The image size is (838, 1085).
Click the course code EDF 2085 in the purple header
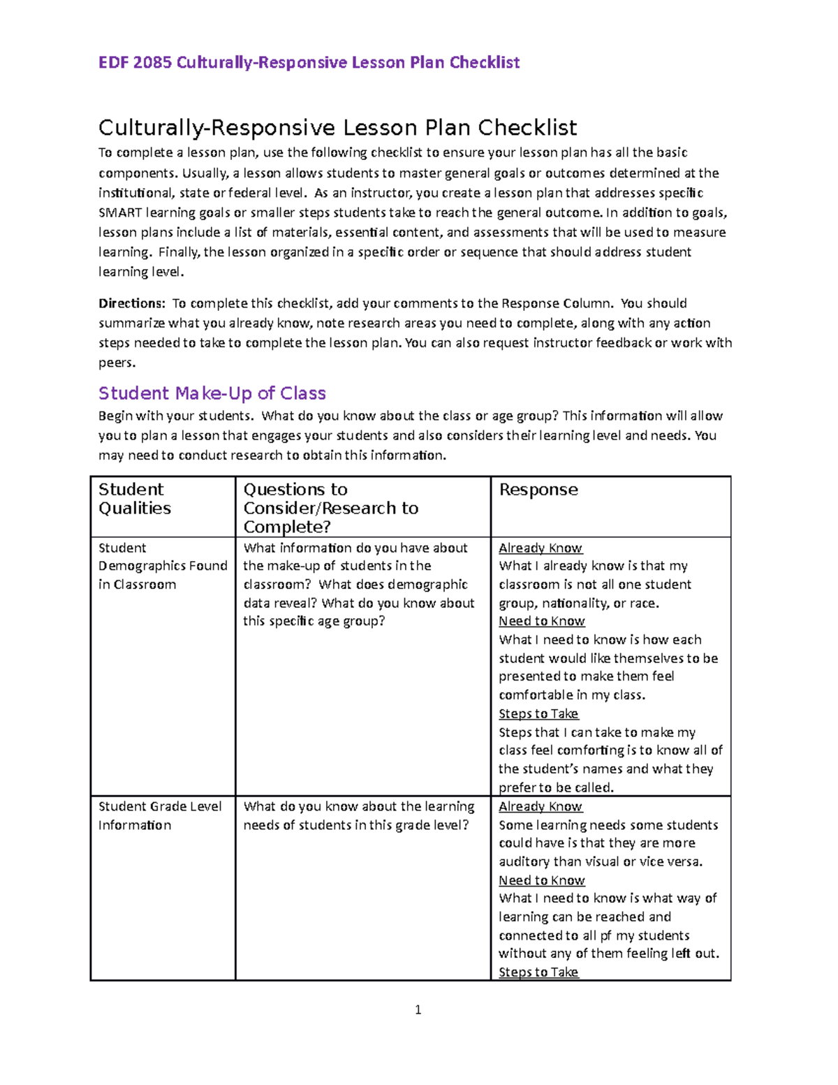tap(135, 63)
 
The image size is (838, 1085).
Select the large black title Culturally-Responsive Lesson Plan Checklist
tap(337, 128)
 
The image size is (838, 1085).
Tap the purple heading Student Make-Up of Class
tap(212, 393)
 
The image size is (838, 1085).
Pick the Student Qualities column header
tap(134, 499)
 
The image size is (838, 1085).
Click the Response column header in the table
tap(538, 490)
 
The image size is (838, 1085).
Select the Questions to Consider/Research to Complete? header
tap(330, 508)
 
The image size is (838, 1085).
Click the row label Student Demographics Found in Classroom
tap(163, 566)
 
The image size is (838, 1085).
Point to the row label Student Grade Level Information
tap(160, 815)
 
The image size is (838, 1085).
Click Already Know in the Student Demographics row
tap(541, 548)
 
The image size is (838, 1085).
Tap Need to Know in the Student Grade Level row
tap(542, 880)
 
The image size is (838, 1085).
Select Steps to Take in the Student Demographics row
tap(538, 714)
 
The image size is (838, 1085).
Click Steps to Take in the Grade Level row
tap(538, 972)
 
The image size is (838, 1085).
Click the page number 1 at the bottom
tap(418, 1010)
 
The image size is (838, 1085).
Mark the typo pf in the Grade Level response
tap(605, 935)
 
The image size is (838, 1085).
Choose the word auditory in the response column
tap(524, 862)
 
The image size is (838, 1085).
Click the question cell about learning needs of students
tap(358, 815)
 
